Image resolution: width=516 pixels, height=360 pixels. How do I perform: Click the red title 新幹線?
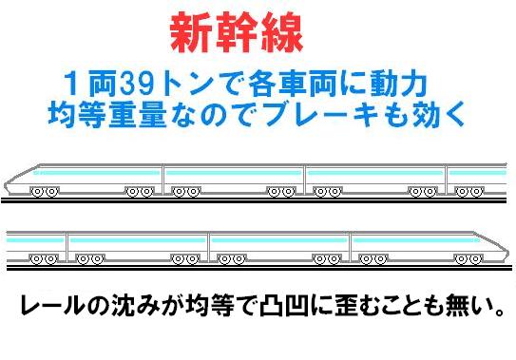(x=237, y=32)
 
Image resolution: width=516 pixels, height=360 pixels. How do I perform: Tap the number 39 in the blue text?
(x=137, y=84)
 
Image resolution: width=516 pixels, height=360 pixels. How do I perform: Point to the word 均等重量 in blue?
(x=107, y=115)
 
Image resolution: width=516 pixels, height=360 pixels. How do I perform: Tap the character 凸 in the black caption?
(x=272, y=307)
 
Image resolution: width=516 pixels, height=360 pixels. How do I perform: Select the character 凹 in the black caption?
(x=298, y=307)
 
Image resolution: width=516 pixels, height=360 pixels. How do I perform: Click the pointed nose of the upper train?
(x=6, y=185)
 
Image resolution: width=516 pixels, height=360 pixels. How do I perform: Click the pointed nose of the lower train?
(x=507, y=253)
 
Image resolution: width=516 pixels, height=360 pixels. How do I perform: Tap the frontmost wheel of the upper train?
(x=37, y=192)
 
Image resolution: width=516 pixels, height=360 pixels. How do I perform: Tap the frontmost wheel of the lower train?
(x=475, y=259)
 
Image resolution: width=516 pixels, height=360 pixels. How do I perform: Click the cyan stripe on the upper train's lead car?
(x=97, y=173)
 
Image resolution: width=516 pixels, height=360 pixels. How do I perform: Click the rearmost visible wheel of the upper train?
(x=476, y=192)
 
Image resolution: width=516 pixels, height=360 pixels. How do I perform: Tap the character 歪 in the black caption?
(x=347, y=307)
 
